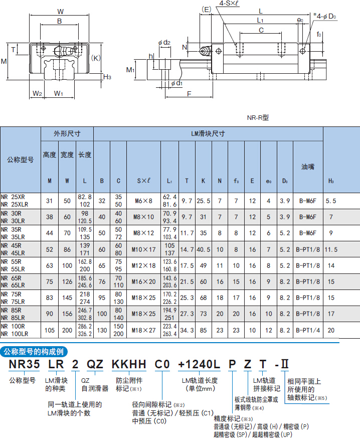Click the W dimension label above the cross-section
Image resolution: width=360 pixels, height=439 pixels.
(61, 12)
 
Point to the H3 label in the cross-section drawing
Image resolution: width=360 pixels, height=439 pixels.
(107, 77)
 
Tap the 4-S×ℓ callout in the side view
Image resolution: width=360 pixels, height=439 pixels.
(229, 4)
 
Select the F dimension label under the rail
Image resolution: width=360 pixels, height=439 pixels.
(189, 94)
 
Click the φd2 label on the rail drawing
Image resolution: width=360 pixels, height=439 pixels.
(164, 43)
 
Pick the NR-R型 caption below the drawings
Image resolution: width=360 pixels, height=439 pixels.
(258, 117)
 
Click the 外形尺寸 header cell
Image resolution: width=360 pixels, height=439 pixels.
(67, 134)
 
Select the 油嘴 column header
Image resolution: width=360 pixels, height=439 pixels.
(308, 167)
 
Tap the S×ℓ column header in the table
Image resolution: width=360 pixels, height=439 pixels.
(143, 181)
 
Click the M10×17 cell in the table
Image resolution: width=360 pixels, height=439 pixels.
(143, 249)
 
